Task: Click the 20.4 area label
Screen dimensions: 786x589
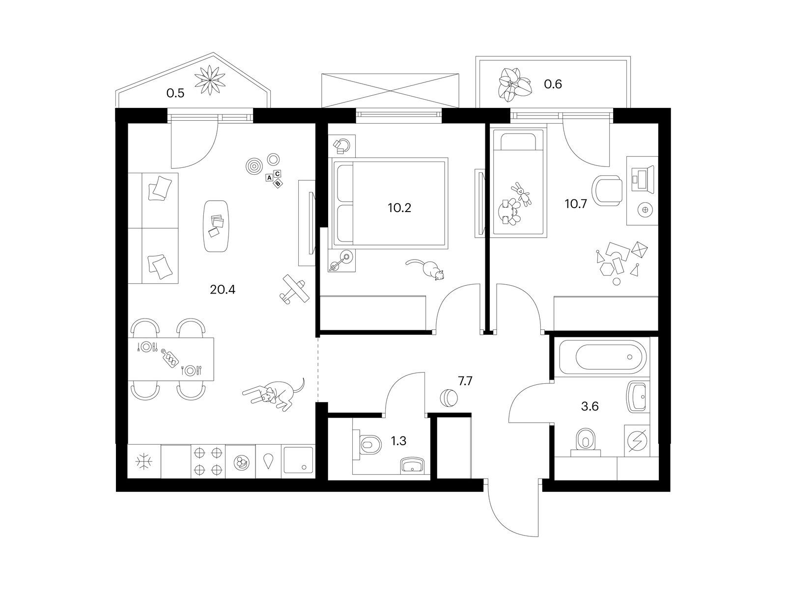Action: (223, 290)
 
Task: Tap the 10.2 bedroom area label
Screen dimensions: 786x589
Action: (399, 208)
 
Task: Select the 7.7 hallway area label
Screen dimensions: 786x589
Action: (465, 381)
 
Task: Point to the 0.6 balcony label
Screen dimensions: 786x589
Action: (553, 84)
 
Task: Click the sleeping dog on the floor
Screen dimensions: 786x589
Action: (274, 395)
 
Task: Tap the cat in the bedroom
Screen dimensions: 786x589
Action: (426, 269)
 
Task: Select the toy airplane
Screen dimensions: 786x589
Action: (294, 288)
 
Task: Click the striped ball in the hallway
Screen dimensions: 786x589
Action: (449, 397)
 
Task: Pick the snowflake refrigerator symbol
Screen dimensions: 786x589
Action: (144, 462)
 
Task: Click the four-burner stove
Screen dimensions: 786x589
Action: (208, 461)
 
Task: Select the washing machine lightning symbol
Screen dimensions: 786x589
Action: (638, 440)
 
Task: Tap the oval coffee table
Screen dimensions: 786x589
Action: (216, 226)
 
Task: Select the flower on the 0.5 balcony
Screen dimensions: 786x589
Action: (210, 80)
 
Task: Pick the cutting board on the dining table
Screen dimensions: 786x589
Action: (169, 358)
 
